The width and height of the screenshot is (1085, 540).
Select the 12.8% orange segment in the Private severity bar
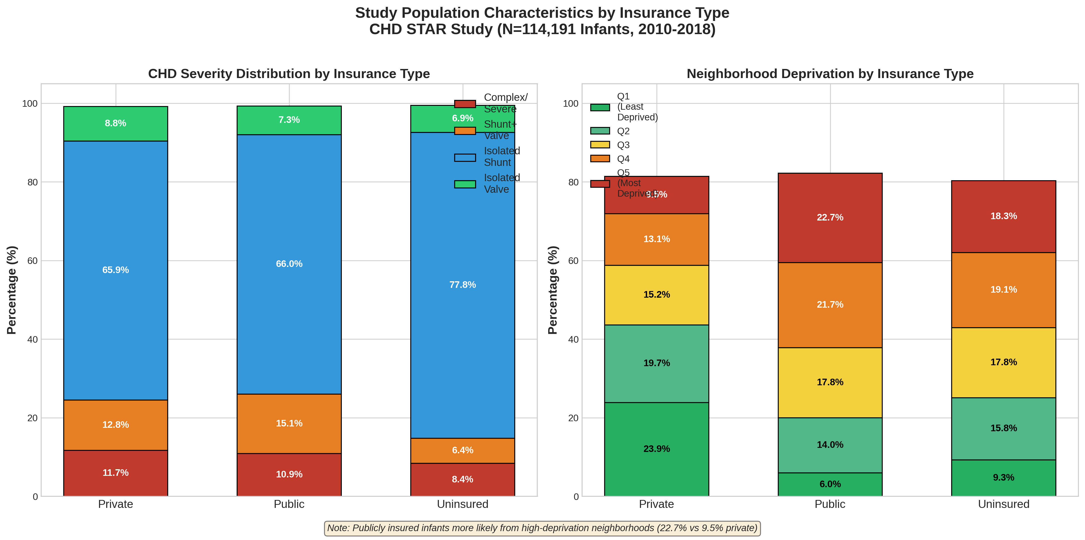[x=115, y=425]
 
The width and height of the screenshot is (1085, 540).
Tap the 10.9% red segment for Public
[x=289, y=474]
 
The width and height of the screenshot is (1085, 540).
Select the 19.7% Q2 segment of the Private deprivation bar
[x=656, y=363]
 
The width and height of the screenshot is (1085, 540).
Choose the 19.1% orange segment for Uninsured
[x=1003, y=290]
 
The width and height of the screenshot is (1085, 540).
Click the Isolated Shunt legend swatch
[x=465, y=157]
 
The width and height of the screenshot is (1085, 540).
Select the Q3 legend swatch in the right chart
[x=600, y=145]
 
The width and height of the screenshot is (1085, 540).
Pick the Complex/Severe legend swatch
[x=465, y=104]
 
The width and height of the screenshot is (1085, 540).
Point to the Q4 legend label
[x=623, y=159]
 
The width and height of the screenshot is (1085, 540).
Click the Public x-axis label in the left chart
[x=289, y=504]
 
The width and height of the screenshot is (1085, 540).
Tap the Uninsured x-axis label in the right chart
[x=1003, y=504]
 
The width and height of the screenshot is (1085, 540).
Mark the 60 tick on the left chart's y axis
[x=33, y=261]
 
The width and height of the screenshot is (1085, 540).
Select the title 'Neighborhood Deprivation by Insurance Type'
[x=830, y=74]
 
